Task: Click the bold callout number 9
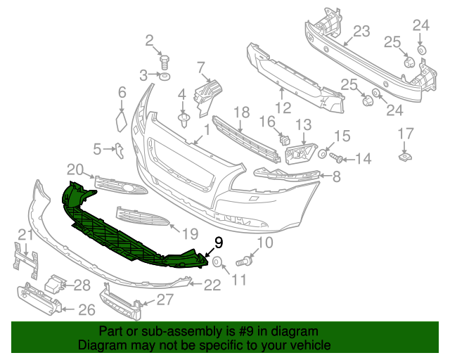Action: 218,243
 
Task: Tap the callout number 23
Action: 361,31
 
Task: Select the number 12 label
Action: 283,108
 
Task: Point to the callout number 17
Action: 406,133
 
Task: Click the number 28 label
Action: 83,285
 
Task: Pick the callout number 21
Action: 25,234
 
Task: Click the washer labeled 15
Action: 323,153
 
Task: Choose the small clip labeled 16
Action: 285,138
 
